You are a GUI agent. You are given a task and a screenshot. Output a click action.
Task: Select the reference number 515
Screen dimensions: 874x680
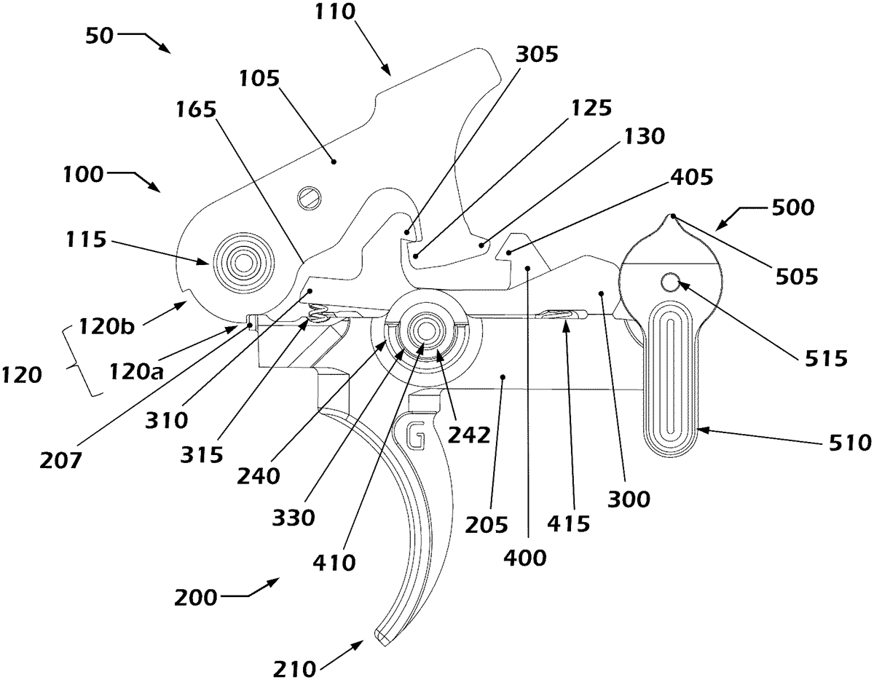tap(826, 357)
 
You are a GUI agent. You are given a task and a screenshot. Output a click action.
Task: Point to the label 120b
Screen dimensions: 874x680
tap(106, 326)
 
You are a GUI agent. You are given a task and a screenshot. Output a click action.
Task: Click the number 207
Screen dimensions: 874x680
tap(60, 459)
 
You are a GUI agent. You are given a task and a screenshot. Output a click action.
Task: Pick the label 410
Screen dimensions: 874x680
tap(334, 562)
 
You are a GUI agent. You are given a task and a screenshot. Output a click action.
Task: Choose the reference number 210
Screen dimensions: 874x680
tap(294, 669)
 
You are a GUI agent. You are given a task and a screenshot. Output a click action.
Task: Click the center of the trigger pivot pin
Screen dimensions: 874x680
tap(425, 332)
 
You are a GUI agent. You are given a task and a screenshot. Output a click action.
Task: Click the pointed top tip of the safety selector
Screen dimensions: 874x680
tap(673, 215)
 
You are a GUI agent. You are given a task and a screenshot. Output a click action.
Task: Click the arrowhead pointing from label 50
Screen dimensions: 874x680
tap(165, 48)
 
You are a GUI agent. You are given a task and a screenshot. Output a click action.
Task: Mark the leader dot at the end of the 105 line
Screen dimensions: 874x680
tap(334, 162)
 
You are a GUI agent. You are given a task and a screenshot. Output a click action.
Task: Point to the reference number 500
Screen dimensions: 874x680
tap(793, 208)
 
